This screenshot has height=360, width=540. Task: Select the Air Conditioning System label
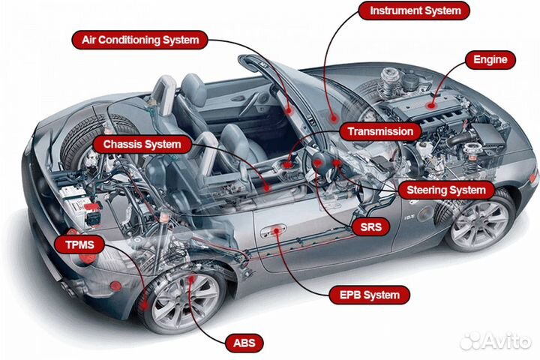(139, 40)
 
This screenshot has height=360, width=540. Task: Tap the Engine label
(490, 59)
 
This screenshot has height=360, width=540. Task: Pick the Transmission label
(379, 131)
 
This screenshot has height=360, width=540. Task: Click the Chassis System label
(142, 144)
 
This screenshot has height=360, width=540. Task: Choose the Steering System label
(445, 190)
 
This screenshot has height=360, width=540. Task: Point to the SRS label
(370, 226)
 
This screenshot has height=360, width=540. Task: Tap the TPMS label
(80, 244)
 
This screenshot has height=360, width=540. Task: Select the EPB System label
(370, 295)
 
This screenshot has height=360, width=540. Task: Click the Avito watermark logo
(495, 340)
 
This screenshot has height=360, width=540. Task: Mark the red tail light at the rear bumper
(115, 286)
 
